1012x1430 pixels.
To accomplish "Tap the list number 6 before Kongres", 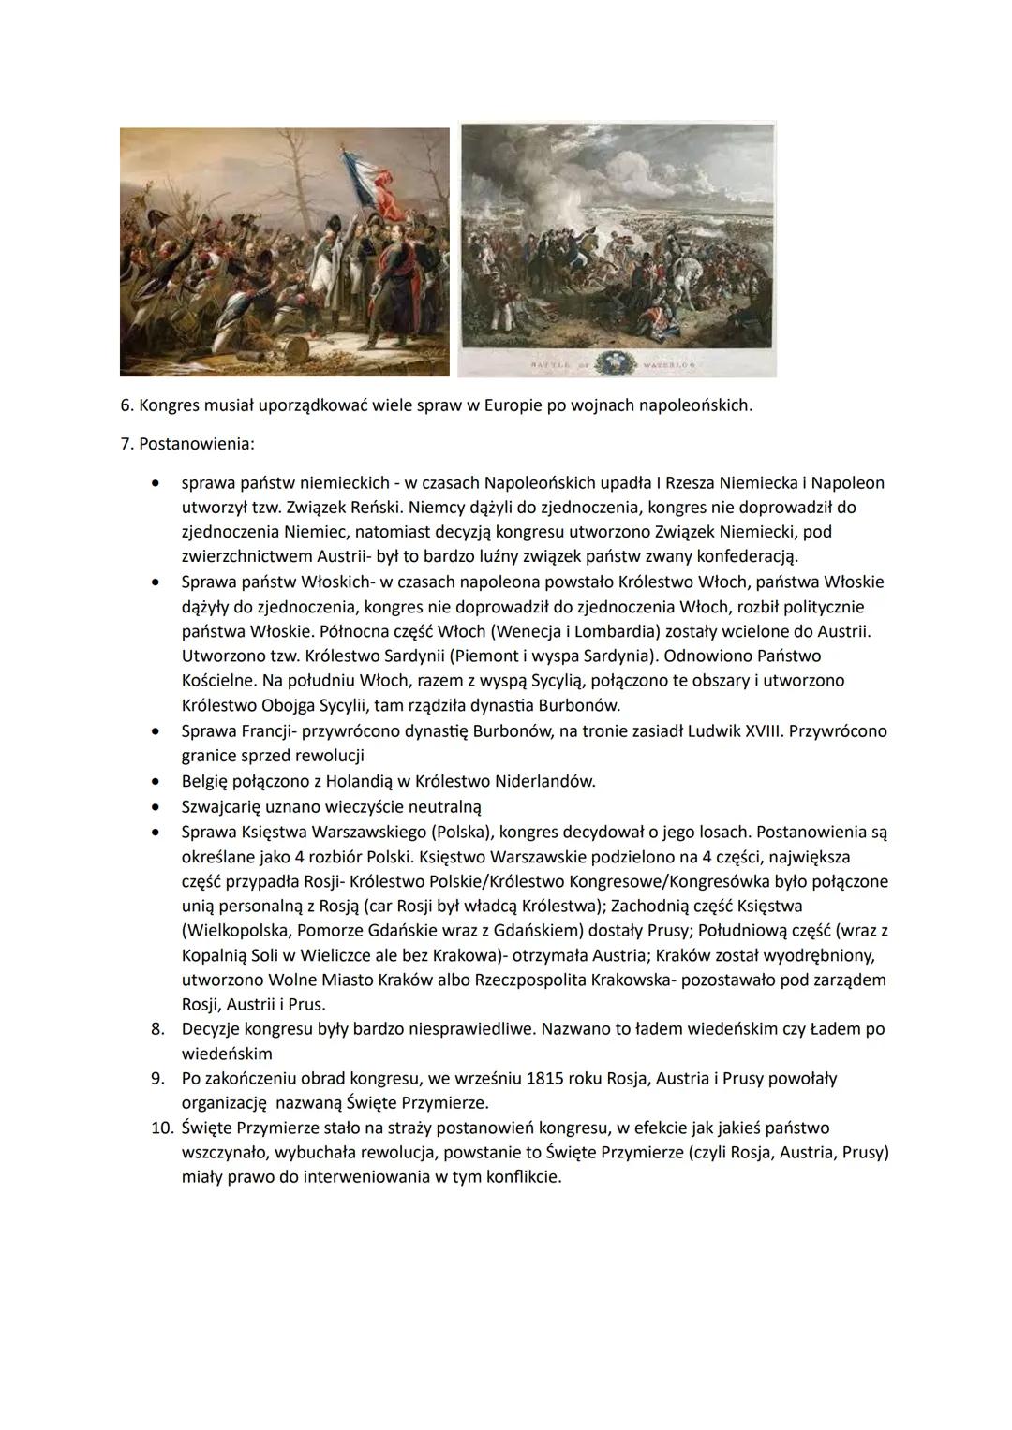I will [x=126, y=405].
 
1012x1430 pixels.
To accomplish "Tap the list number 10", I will [x=162, y=1128].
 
